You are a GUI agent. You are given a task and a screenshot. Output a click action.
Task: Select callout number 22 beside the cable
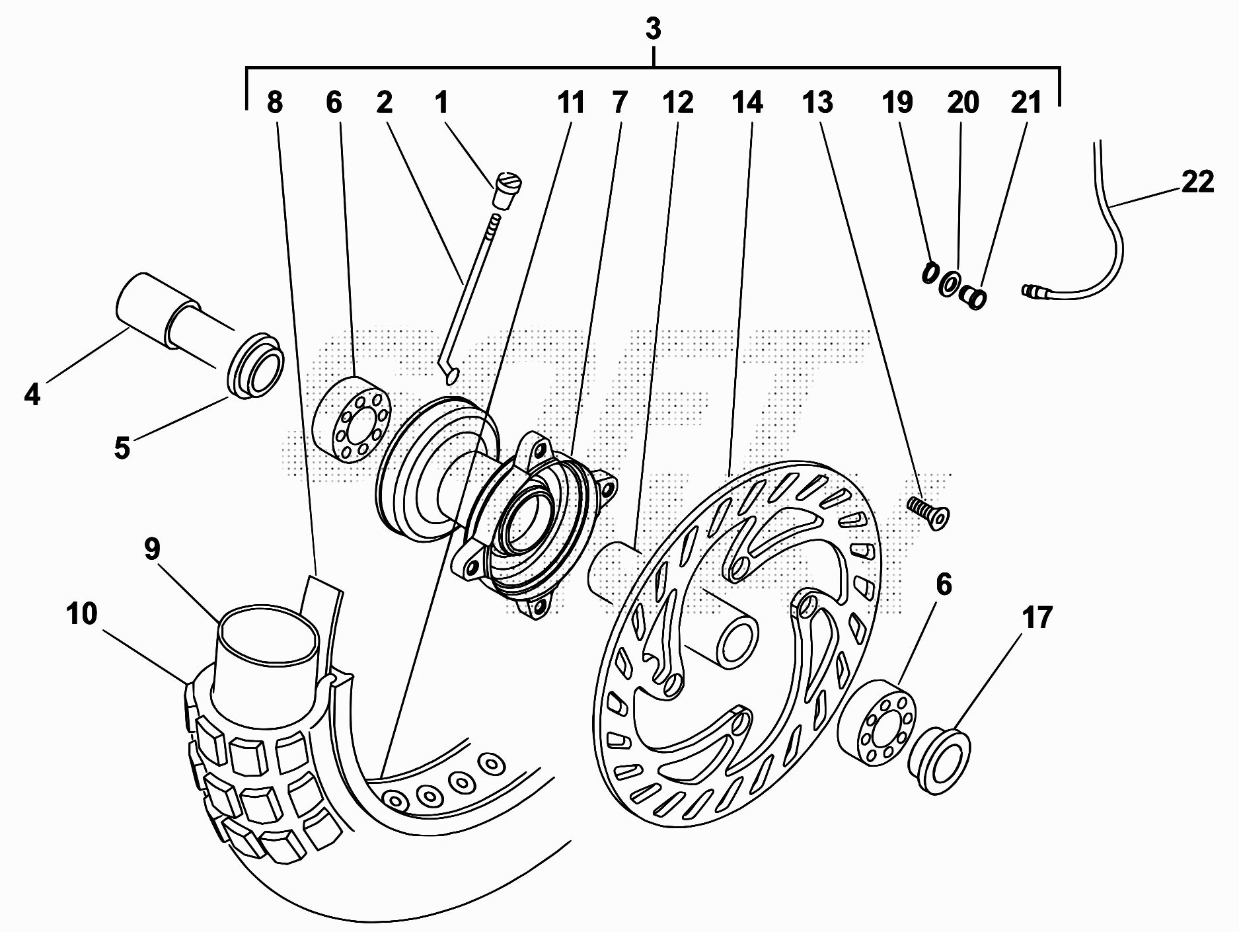[x=1197, y=182]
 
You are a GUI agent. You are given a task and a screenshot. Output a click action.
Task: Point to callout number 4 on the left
[x=32, y=395]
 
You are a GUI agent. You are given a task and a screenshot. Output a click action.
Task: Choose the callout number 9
[x=152, y=549]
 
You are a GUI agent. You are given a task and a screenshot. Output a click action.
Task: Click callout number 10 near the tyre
[x=82, y=613]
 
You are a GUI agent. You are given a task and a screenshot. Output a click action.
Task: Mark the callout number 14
[x=747, y=102]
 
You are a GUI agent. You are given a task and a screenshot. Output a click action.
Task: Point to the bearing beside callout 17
[x=877, y=722]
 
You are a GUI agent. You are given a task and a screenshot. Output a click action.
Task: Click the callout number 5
[x=122, y=447]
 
